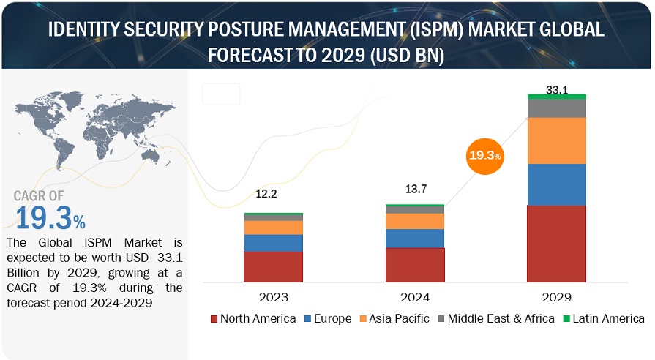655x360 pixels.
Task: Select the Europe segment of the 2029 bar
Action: (x=557, y=184)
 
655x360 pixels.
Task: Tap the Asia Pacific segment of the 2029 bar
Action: (x=557, y=140)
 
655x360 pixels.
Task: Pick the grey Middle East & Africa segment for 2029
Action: (x=557, y=108)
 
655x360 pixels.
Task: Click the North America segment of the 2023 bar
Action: (x=273, y=266)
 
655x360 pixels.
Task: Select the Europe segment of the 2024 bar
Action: (x=415, y=239)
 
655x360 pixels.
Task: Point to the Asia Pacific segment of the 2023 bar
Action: (x=273, y=228)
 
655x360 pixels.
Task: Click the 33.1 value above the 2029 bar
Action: (x=557, y=89)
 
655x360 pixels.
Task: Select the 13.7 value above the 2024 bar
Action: (x=415, y=190)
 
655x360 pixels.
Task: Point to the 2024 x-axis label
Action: (x=415, y=298)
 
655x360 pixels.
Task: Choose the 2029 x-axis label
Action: (x=557, y=298)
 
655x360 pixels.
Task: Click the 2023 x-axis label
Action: (x=273, y=298)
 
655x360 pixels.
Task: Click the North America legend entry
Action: (x=253, y=319)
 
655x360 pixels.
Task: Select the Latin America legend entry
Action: (x=602, y=319)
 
